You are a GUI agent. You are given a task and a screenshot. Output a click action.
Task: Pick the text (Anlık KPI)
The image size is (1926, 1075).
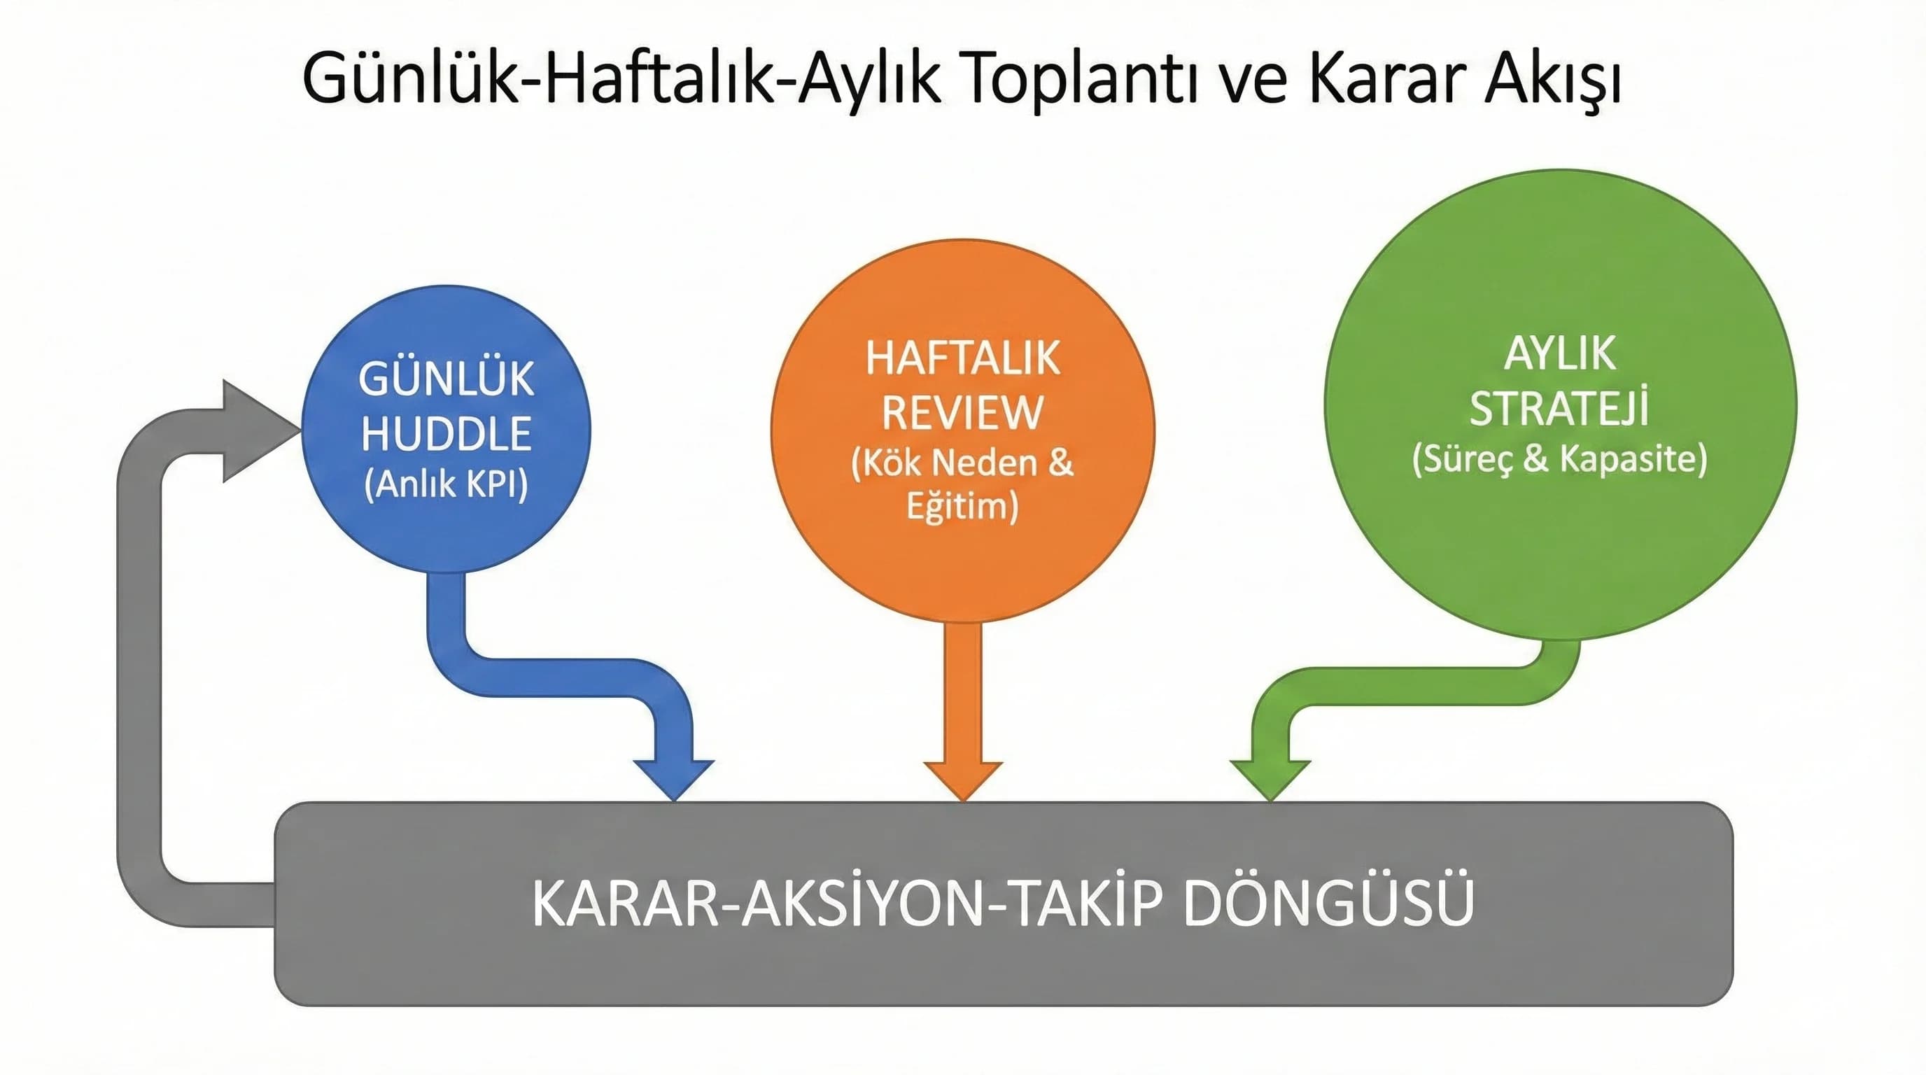tap(447, 484)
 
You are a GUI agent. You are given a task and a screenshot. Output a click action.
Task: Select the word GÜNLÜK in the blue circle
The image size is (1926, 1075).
tap(447, 379)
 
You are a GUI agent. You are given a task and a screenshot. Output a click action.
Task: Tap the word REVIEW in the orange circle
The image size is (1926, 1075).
tap(962, 412)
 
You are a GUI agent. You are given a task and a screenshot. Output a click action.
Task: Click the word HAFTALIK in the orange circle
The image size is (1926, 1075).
tap(962, 358)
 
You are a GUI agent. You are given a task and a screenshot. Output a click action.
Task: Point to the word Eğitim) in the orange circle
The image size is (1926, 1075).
tap(962, 506)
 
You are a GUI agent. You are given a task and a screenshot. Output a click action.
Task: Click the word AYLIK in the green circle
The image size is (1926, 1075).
tap(1560, 353)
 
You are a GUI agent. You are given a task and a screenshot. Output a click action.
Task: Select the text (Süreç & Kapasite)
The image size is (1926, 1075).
tap(1560, 459)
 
